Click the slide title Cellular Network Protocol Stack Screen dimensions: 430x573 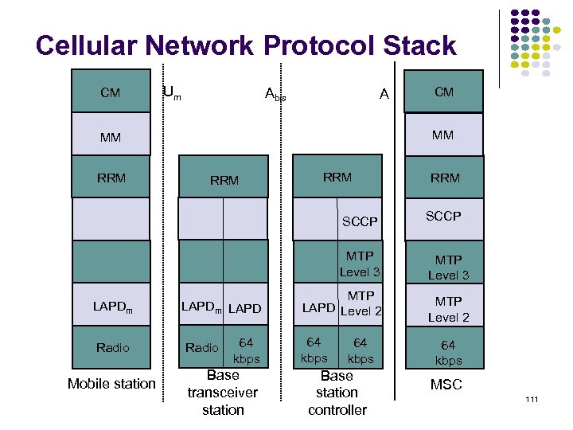pos(246,45)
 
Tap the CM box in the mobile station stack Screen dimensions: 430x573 pos(111,92)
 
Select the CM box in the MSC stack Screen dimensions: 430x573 pos(444,92)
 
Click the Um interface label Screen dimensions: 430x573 pos(171,92)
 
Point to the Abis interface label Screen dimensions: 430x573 pos(275,95)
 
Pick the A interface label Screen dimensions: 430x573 pos(384,94)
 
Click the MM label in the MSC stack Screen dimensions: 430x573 pos(443,135)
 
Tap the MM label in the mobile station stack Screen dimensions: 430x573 pos(111,137)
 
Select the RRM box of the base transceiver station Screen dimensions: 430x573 pos(224,180)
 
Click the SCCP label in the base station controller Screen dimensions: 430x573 pos(360,221)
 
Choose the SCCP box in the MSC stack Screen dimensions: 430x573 pos(444,217)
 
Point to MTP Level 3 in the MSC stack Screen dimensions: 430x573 pos(448,267)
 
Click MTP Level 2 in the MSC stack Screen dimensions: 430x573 pos(448,309)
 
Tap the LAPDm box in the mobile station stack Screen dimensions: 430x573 pos(111,307)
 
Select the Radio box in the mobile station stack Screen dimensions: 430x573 pos(111,347)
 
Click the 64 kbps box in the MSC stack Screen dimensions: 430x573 pos(448,352)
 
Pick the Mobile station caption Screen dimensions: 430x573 pos(111,384)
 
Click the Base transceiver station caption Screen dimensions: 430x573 pos(223,393)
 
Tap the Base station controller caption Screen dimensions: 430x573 pos(337,393)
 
